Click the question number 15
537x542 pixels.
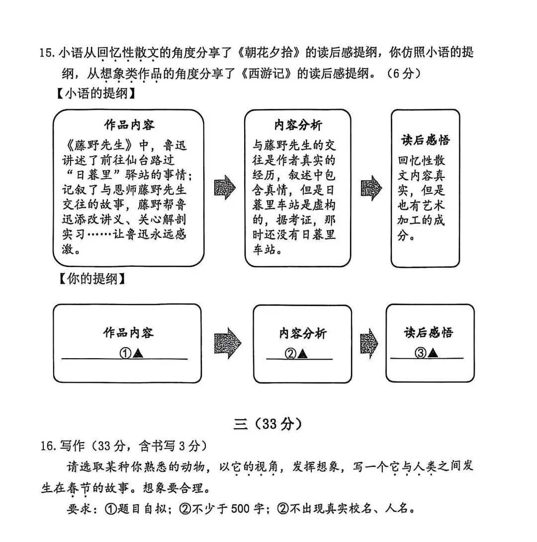tap(47, 53)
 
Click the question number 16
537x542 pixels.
tap(48, 446)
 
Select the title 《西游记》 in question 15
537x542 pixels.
tap(266, 74)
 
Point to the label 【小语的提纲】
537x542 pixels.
tap(95, 93)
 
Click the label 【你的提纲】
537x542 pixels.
tap(92, 279)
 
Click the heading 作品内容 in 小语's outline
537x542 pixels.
tap(129, 125)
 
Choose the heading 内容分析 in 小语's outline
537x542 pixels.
tap(298, 125)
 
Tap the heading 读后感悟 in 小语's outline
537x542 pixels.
tap(426, 140)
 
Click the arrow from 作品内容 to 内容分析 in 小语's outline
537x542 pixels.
tap(225, 187)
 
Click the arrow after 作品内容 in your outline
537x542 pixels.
tap(227, 343)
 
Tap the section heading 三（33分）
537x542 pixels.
tap(268, 423)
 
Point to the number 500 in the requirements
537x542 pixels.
tap(240, 509)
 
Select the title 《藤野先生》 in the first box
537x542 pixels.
tap(99, 145)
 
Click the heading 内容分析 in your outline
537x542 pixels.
tap(303, 333)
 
